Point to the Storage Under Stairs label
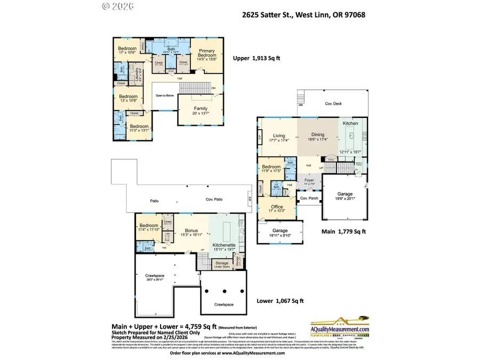222,265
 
